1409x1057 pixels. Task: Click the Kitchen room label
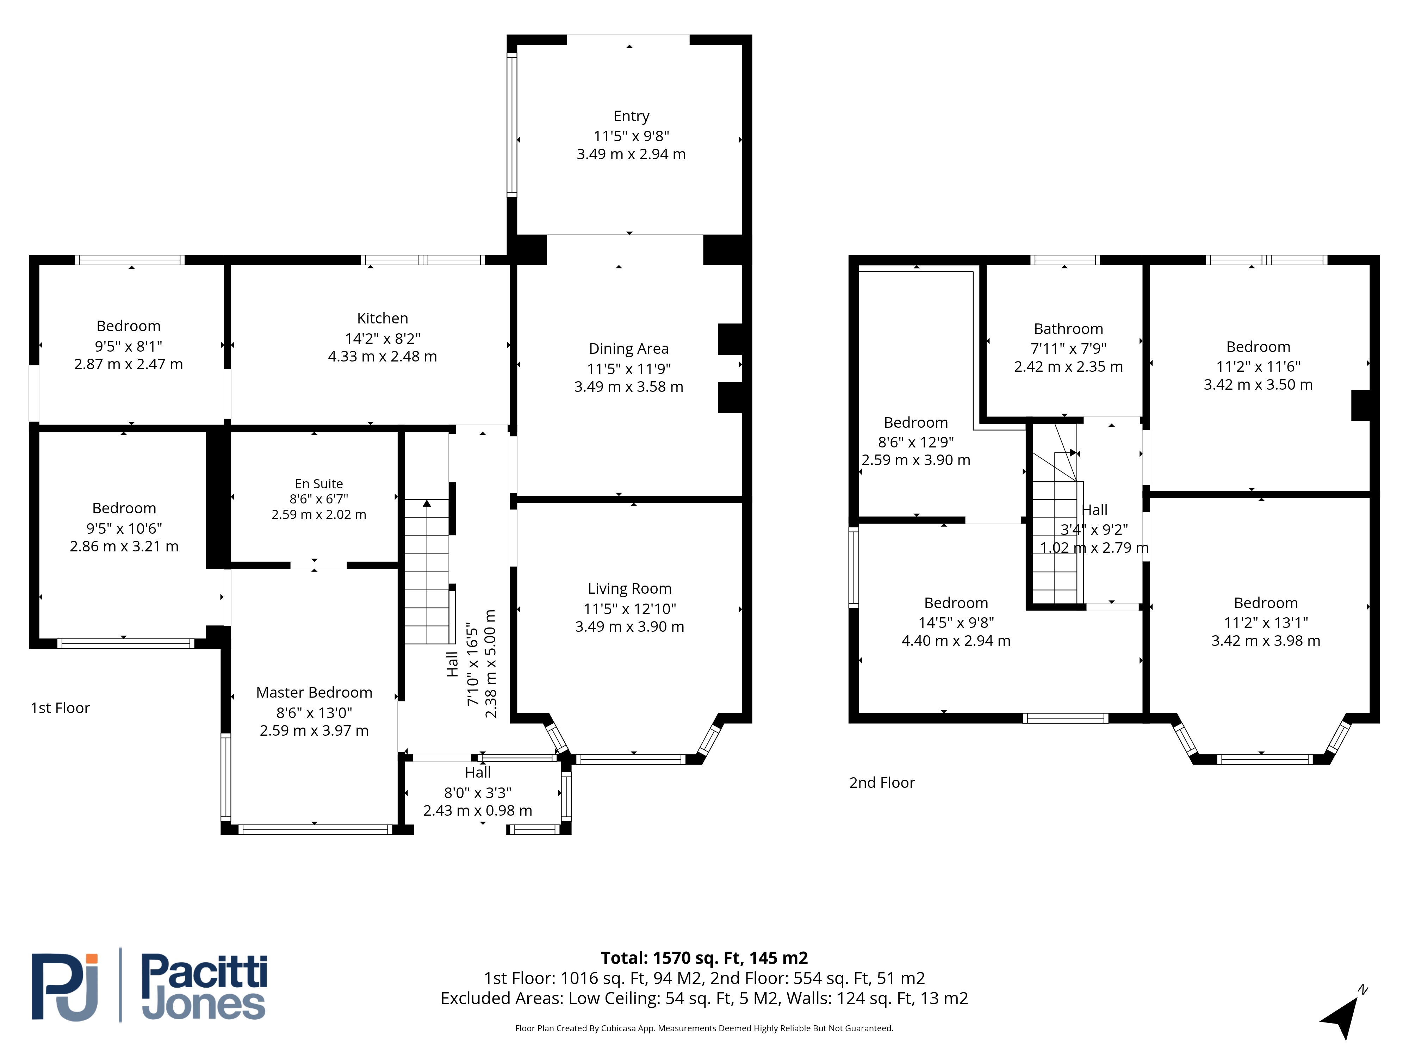click(382, 318)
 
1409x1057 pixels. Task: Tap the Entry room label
click(631, 116)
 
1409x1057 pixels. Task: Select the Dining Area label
click(629, 348)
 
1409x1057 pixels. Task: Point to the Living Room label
click(629, 589)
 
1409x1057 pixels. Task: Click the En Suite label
click(318, 484)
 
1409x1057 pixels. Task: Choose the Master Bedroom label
click(314, 693)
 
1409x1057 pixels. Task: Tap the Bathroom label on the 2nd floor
click(1068, 329)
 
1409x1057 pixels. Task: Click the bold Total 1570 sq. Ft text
click(704, 958)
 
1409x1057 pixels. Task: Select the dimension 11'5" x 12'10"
click(629, 608)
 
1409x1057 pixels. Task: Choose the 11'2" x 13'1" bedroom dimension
click(1266, 623)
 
